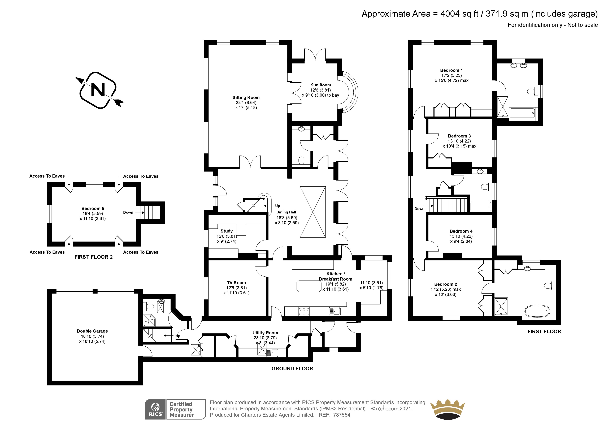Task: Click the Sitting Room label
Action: coord(246,97)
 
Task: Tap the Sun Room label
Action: coord(321,85)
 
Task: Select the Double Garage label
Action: coord(92,331)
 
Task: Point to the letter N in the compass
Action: coord(98,90)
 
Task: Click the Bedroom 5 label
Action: coord(93,209)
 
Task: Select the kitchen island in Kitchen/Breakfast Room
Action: coord(309,286)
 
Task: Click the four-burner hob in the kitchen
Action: coord(304,311)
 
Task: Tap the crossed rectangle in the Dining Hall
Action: coord(313,212)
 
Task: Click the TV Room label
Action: coord(236,283)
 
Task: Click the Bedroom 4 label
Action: coord(461,231)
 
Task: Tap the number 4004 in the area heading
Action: coord(450,14)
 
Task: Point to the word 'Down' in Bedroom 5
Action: coord(128,212)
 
